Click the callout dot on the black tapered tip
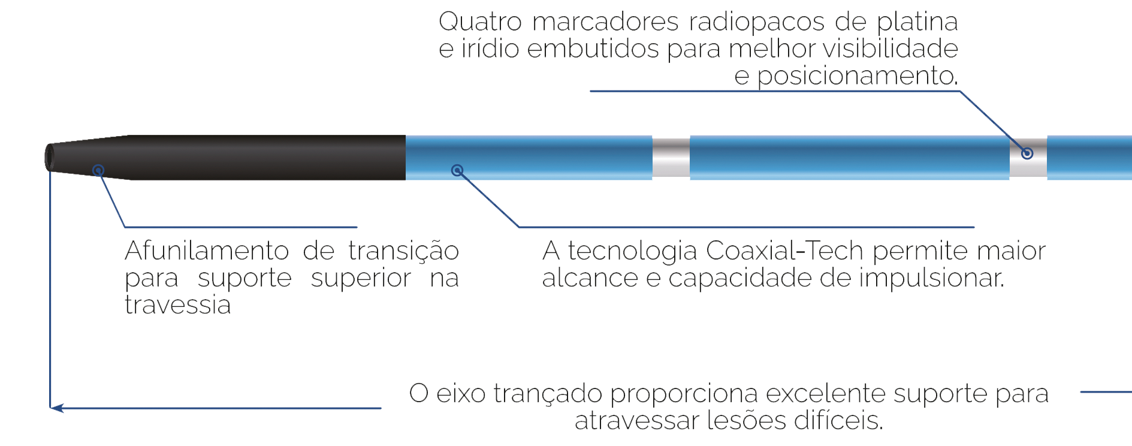coord(98,171)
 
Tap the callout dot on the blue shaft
coord(457,170)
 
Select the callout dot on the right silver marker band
coord(1027,153)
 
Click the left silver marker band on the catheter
coord(671,157)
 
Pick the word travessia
coord(178,306)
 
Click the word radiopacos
coord(757,23)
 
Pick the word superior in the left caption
coord(363,279)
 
